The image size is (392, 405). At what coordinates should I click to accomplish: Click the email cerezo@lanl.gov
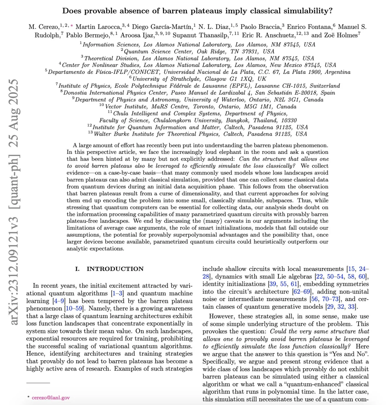(x=51, y=398)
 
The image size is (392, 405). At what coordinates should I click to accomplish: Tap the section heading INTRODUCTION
(x=115, y=269)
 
